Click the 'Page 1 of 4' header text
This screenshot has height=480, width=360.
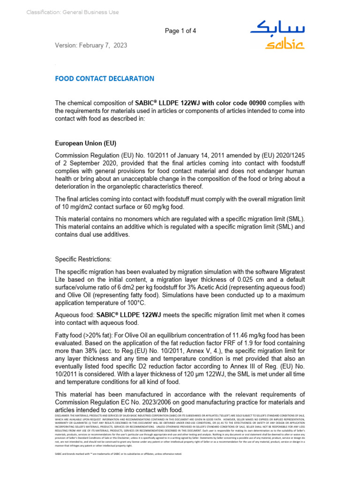[x=180, y=31]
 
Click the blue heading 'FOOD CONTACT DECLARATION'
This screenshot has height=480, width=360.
[x=105, y=78]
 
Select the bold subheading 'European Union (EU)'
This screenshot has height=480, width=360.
[x=86, y=143]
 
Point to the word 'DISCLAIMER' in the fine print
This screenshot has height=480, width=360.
[x=65, y=415]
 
